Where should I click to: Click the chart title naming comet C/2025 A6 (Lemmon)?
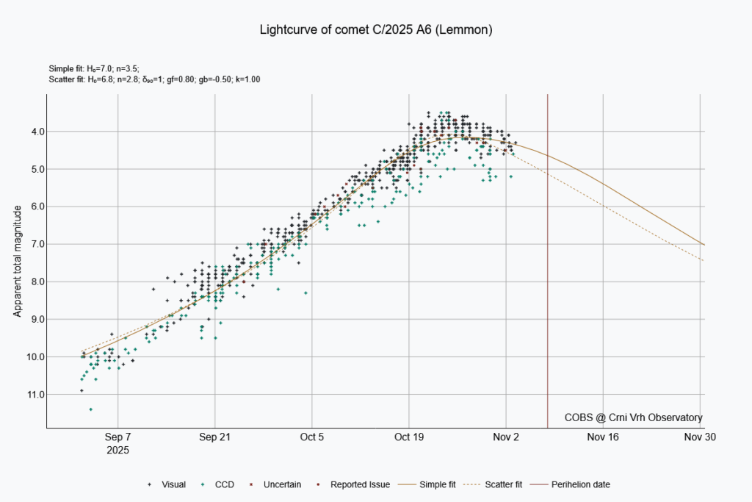coord(375,30)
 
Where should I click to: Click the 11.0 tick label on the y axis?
coord(34,395)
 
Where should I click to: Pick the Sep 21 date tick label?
coord(214,437)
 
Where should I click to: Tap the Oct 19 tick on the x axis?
coord(409,437)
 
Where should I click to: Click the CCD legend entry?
coord(218,484)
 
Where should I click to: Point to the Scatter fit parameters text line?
coord(154,78)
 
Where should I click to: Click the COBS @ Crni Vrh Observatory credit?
coord(633,417)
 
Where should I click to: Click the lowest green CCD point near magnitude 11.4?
coord(90,409)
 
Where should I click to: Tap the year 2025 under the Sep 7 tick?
coord(117,448)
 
